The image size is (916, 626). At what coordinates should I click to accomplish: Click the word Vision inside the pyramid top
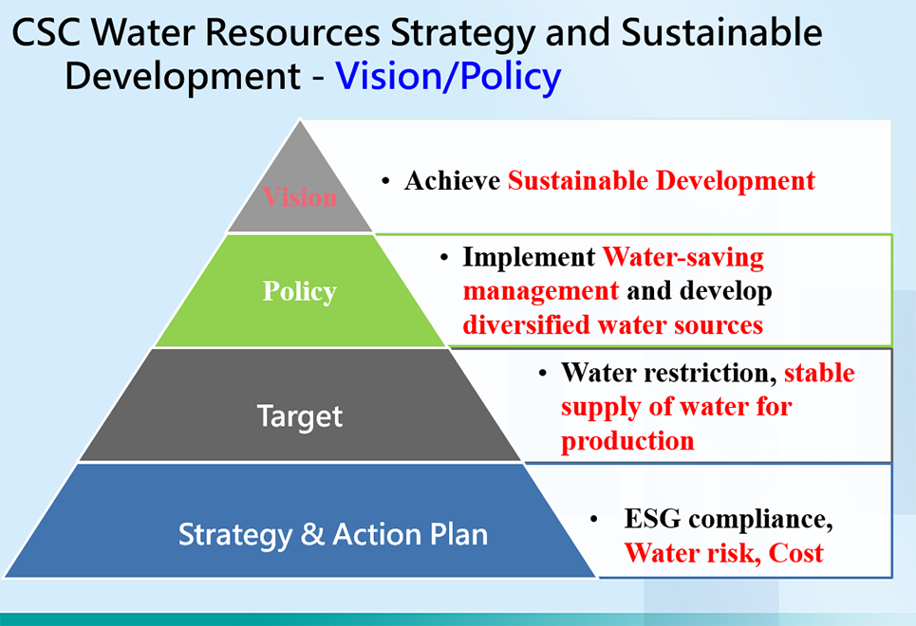pyautogui.click(x=300, y=196)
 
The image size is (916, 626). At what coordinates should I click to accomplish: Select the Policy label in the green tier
pyautogui.click(x=300, y=291)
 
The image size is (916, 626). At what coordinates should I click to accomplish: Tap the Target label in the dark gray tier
pyautogui.click(x=300, y=417)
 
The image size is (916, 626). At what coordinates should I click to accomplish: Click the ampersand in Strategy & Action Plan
pyautogui.click(x=312, y=534)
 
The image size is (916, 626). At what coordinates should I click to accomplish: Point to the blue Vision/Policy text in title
pyautogui.click(x=448, y=77)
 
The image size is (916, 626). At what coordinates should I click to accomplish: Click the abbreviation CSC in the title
pyautogui.click(x=47, y=32)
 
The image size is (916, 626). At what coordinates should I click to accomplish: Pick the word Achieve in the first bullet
pyautogui.click(x=452, y=180)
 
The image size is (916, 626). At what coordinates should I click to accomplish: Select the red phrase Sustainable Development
pyautogui.click(x=662, y=180)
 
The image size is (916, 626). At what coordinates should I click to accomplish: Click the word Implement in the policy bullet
pyautogui.click(x=529, y=257)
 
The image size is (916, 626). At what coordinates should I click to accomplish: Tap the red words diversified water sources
pyautogui.click(x=613, y=324)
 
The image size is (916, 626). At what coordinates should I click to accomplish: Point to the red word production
pyautogui.click(x=627, y=441)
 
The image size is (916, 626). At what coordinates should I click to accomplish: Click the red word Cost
pyautogui.click(x=795, y=553)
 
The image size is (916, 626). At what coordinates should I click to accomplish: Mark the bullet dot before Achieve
pyautogui.click(x=385, y=181)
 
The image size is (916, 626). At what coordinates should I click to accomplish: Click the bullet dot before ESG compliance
pyautogui.click(x=594, y=519)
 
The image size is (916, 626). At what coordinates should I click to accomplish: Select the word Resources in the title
pyautogui.click(x=292, y=32)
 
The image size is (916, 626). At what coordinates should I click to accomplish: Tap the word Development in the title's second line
pyautogui.click(x=183, y=77)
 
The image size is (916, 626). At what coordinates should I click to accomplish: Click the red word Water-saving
pyautogui.click(x=682, y=257)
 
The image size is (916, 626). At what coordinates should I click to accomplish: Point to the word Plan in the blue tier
pyautogui.click(x=458, y=534)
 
